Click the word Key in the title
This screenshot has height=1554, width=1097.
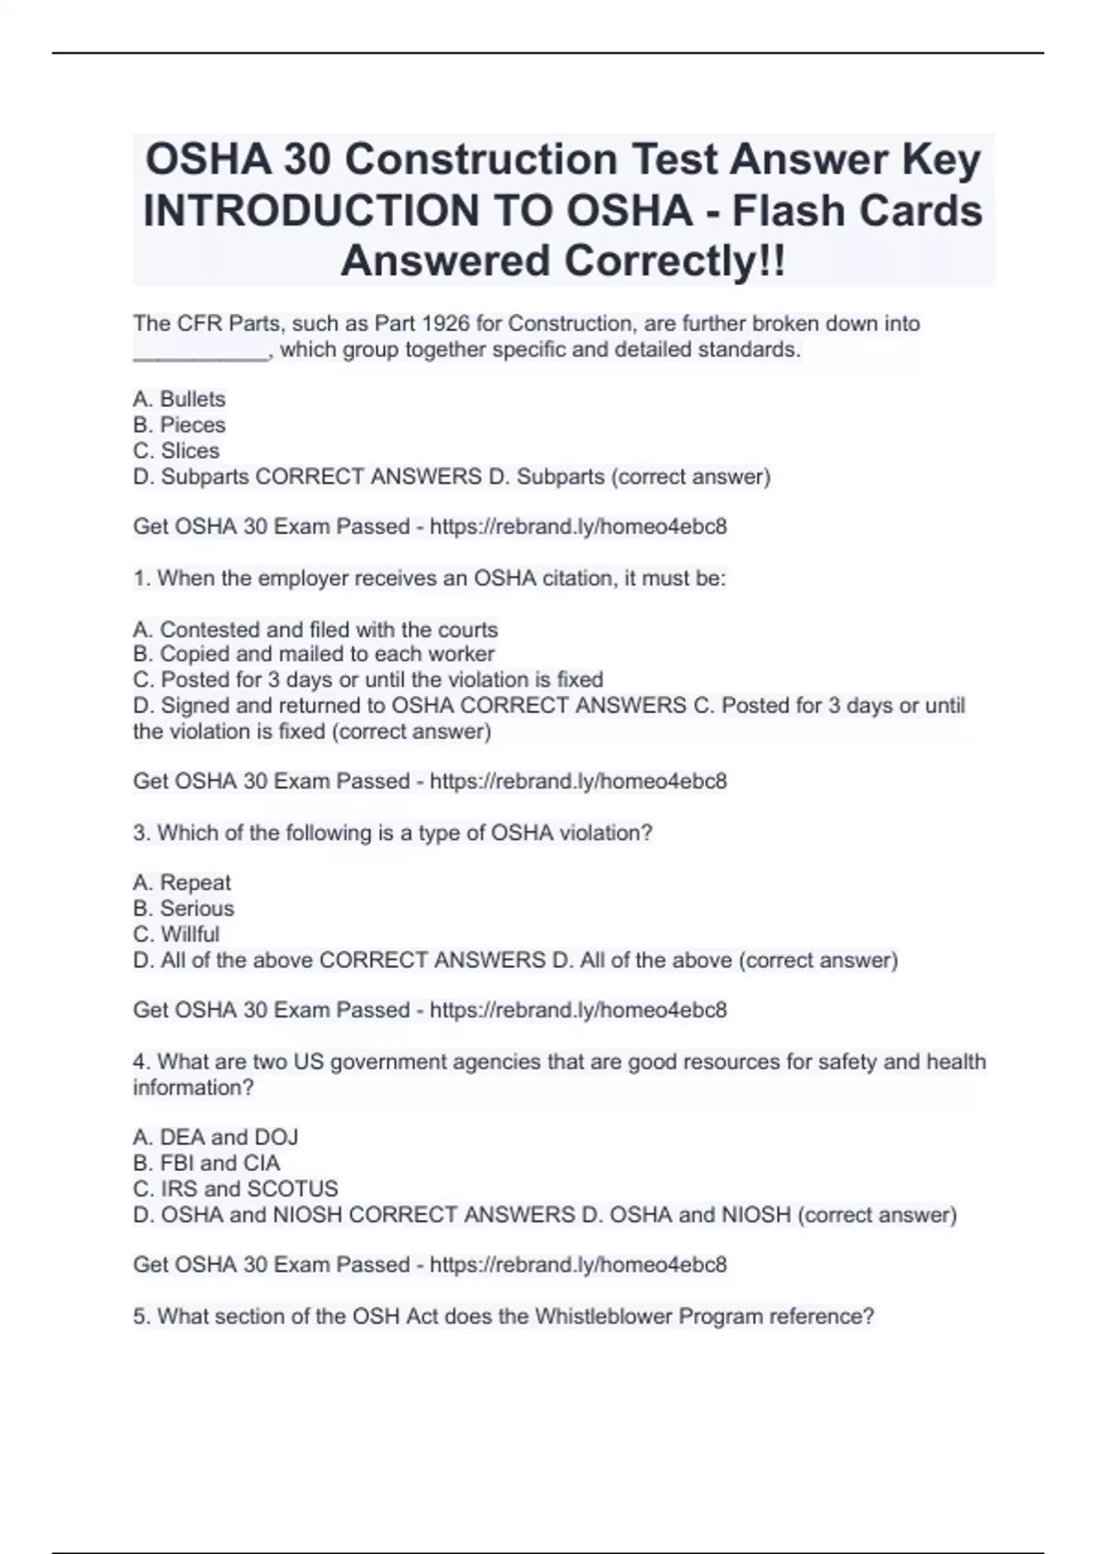942,160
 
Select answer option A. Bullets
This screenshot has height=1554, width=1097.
179,399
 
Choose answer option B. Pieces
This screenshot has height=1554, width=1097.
179,424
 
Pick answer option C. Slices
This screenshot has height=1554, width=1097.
176,451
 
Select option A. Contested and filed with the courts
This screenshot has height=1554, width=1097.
315,629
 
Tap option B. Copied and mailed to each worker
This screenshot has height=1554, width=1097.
314,654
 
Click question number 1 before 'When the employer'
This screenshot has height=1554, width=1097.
139,578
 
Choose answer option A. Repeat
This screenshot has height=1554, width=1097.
182,882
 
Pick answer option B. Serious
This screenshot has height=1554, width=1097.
184,908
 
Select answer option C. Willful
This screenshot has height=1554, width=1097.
176,934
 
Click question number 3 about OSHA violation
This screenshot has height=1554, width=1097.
139,833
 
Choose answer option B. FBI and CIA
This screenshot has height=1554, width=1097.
207,1163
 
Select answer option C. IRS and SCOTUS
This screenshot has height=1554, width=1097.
235,1188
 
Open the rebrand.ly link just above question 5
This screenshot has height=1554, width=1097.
578,1264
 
